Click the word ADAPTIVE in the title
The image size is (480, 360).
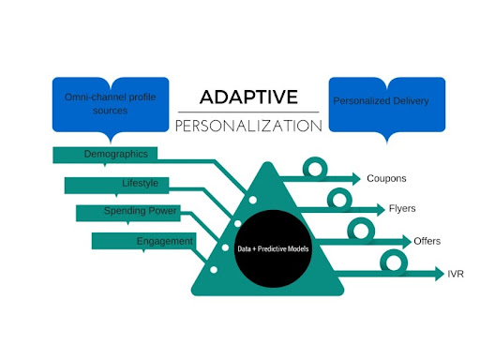pos(248,97)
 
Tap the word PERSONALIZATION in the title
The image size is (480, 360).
pos(248,126)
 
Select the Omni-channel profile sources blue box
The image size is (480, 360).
pos(111,105)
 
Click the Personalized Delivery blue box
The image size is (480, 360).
pos(387,105)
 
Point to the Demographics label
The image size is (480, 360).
pos(116,154)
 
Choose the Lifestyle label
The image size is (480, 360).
pos(140,183)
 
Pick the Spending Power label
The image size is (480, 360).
pos(140,211)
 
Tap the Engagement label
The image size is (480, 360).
pos(165,241)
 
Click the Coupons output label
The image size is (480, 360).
pos(386,178)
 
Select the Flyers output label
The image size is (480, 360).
pos(402,208)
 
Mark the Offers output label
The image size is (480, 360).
pos(427,241)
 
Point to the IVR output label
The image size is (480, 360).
pos(456,274)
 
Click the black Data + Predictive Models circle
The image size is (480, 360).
pos(273,248)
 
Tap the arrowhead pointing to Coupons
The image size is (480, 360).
pos(356,179)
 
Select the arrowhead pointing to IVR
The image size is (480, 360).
pos(440,274)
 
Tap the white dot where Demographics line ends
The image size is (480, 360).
pos(253,200)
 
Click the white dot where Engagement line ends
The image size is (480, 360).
pos(214,270)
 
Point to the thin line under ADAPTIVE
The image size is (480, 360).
pos(248,112)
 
